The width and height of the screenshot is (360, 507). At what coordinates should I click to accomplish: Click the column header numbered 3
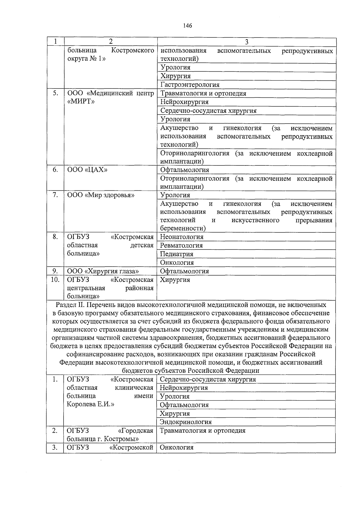point(247,42)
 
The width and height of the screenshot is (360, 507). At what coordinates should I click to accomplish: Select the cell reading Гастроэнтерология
point(190,85)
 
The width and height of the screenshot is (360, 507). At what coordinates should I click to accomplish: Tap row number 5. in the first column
point(55,93)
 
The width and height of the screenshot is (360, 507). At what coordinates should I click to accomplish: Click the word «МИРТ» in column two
point(81,101)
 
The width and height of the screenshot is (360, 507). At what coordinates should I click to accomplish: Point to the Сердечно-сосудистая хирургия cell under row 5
point(208,111)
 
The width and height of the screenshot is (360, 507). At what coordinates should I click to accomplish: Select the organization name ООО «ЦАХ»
point(87,170)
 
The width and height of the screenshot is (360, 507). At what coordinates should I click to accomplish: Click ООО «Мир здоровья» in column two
point(101,195)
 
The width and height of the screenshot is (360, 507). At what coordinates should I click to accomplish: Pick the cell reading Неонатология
point(182,237)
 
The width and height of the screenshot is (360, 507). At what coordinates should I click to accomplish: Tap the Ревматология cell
point(181,246)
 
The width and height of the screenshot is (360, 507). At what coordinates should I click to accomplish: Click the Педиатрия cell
point(177,254)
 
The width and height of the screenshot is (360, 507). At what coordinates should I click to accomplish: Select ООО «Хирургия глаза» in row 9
point(103,271)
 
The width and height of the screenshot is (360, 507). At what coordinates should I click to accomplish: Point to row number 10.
point(55,280)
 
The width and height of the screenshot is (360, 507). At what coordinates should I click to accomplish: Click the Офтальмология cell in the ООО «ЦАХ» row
point(184,170)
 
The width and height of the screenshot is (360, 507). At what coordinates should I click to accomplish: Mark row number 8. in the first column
point(55,237)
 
